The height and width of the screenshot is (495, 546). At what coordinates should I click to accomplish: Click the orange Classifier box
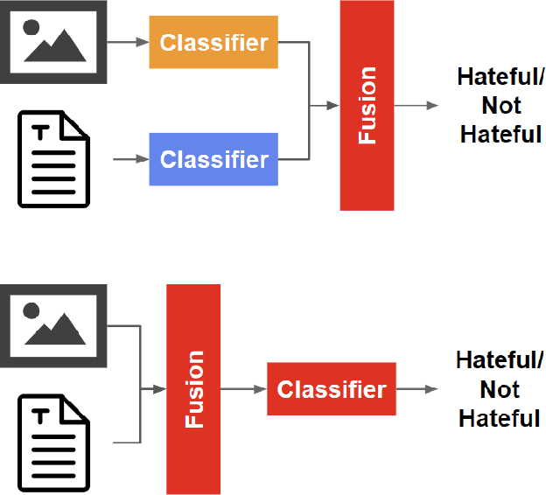213,42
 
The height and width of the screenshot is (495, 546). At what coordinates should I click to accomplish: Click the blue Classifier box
213,159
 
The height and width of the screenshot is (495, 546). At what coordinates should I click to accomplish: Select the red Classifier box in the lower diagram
331,389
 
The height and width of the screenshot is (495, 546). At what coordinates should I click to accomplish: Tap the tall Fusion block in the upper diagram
367,106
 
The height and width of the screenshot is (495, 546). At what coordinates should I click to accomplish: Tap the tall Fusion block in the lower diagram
193,389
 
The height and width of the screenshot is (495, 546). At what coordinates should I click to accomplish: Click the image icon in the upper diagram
53,42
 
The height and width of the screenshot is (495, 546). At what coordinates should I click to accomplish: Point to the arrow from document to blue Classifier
131,160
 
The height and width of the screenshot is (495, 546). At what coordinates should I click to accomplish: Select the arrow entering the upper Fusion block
324,106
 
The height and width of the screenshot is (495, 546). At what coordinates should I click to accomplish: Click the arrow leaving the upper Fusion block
416,106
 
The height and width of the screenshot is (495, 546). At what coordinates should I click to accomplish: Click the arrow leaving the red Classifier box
417,389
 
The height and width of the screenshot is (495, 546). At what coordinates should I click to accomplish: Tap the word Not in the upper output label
501,107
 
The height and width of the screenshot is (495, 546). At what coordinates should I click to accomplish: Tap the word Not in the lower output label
500,390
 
